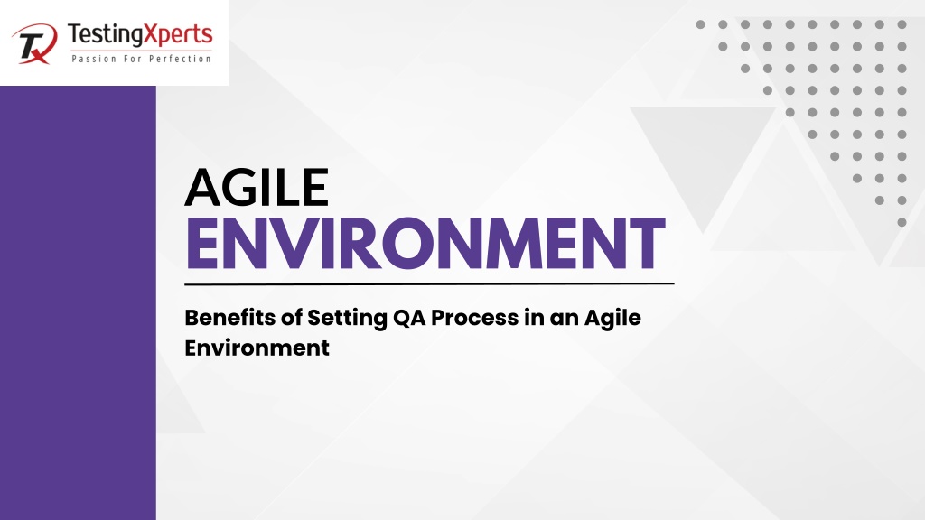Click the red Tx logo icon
click(x=34, y=43)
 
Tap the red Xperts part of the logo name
click(x=177, y=35)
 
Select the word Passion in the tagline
click(x=94, y=59)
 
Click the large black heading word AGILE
click(x=257, y=187)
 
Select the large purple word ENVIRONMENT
click(x=426, y=244)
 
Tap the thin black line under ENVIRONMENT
click(x=429, y=284)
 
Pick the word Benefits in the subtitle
click(x=230, y=318)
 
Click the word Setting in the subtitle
click(x=347, y=319)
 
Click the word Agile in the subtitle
click(x=612, y=319)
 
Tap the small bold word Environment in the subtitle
click(x=257, y=348)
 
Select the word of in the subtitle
click(x=292, y=318)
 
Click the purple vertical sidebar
click(x=78, y=303)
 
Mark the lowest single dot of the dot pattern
click(x=902, y=222)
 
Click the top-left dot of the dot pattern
click(x=700, y=24)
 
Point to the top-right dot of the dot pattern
click(x=902, y=24)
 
